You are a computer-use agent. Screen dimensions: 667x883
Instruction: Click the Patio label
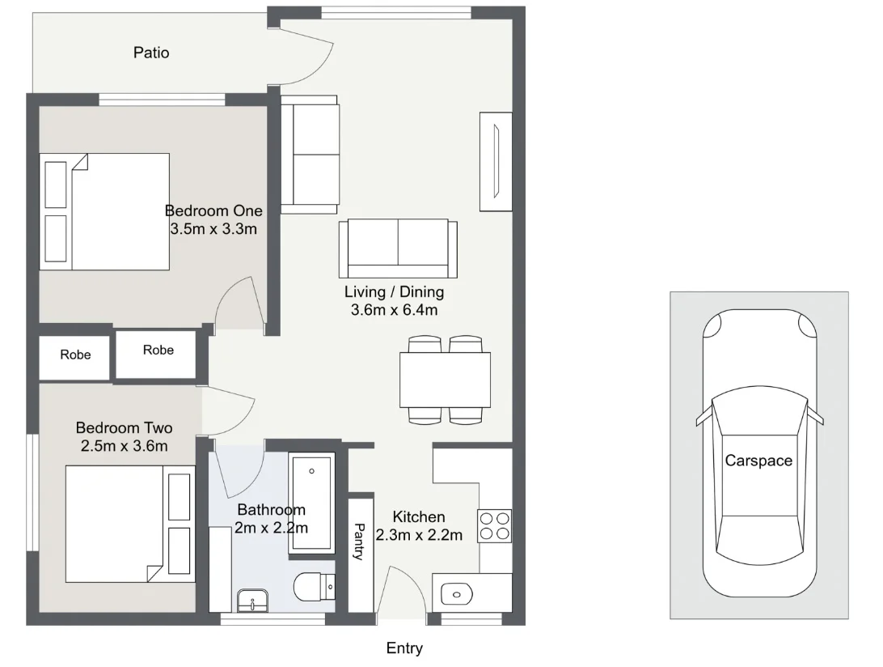coord(151,53)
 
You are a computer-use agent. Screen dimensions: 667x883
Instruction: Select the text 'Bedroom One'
coord(213,210)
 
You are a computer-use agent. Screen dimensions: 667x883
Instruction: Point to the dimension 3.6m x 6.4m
coord(395,310)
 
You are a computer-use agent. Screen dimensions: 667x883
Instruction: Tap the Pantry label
coord(360,542)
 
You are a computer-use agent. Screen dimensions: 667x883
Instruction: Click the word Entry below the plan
coord(404,648)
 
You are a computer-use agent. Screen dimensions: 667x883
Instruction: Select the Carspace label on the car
coord(758,461)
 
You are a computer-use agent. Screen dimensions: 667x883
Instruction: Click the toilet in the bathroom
coord(314,587)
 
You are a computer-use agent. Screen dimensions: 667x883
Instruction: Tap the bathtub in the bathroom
coord(311,504)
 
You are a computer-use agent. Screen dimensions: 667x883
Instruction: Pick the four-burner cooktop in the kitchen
coord(494,525)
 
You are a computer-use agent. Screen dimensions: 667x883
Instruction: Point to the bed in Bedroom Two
coord(129,523)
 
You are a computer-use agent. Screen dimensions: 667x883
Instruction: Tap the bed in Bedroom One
coord(105,211)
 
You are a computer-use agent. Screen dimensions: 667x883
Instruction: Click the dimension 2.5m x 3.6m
coord(124,446)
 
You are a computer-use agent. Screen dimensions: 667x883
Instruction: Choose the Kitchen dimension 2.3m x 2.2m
coord(419,535)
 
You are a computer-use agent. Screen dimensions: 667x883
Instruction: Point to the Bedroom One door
coord(239,304)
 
